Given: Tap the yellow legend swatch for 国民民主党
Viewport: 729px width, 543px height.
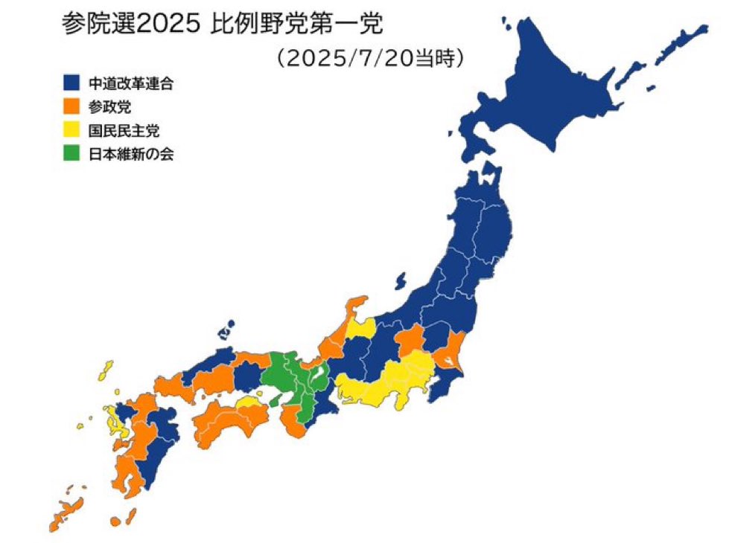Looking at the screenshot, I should [71, 132].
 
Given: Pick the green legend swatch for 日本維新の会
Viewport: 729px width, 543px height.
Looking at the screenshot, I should [71, 155].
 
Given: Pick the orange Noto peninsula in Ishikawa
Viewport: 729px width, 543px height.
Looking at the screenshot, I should [356, 306].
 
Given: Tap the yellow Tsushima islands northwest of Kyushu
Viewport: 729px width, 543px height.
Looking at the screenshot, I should [106, 370].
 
